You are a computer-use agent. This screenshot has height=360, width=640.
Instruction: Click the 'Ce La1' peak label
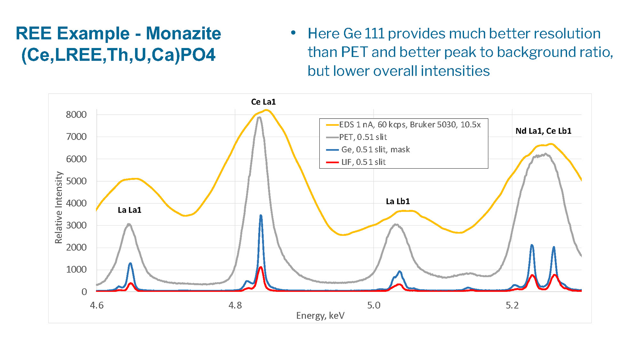pyautogui.click(x=263, y=102)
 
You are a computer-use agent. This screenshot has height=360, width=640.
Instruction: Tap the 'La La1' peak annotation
pyautogui.click(x=129, y=210)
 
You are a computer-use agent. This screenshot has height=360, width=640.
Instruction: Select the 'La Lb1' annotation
pyautogui.click(x=398, y=201)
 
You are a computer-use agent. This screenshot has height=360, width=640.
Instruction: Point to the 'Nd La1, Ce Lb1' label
pyautogui.click(x=543, y=131)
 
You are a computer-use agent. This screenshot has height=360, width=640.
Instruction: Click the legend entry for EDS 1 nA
pyautogui.click(x=410, y=125)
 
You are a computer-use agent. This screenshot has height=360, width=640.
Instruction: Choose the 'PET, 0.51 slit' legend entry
pyautogui.click(x=363, y=137)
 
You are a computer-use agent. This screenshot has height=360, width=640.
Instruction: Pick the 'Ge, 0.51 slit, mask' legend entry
pyautogui.click(x=375, y=149)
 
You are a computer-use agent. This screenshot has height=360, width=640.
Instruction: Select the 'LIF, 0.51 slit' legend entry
pyautogui.click(x=363, y=162)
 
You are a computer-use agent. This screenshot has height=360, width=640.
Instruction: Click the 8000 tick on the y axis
pyautogui.click(x=76, y=115)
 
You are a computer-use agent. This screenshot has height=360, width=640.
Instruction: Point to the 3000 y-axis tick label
pyautogui.click(x=76, y=225)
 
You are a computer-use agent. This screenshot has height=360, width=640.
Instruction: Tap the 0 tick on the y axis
pyautogui.click(x=84, y=292)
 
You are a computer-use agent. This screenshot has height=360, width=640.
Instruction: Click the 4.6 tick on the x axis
pyautogui.click(x=97, y=305)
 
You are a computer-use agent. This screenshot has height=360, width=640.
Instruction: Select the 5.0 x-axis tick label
pyautogui.click(x=374, y=305)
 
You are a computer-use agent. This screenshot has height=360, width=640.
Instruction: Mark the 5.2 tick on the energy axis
pyautogui.click(x=512, y=305)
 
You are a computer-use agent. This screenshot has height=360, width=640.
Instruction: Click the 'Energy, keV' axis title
pyautogui.click(x=320, y=316)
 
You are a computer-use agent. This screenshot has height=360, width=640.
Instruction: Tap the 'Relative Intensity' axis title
pyautogui.click(x=59, y=207)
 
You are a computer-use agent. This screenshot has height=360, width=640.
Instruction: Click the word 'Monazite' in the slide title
pyautogui.click(x=183, y=33)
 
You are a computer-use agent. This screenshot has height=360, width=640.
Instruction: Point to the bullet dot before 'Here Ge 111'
pyautogui.click(x=293, y=33)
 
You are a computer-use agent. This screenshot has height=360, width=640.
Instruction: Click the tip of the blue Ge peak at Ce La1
pyautogui.click(x=261, y=216)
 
